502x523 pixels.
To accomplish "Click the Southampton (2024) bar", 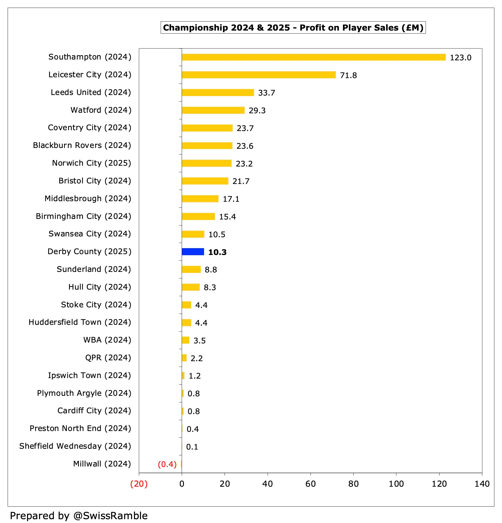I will [314, 57].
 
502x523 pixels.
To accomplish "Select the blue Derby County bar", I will [193, 252].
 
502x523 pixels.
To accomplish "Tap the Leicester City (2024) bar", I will [259, 75].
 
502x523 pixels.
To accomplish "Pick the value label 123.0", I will [461, 58].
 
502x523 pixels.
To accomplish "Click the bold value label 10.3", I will [217, 252].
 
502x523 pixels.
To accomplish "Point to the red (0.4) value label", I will [167, 464].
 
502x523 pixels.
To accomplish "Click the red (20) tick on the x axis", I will [139, 484].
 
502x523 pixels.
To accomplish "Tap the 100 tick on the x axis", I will [396, 484].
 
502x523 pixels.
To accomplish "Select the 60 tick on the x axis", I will [310, 484].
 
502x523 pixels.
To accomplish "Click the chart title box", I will [293, 28].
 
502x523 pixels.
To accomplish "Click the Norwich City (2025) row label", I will [92, 163].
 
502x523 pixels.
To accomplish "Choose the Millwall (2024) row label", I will [102, 464].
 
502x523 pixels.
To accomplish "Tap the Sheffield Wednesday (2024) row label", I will [75, 446].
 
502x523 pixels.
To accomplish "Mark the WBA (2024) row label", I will [107, 340].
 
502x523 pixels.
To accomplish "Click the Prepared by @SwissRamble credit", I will [79, 516].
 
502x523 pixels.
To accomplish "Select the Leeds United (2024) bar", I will [218, 93].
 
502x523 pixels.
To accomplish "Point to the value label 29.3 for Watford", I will [257, 111].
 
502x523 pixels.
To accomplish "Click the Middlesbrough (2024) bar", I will [200, 199].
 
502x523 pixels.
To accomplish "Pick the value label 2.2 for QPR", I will [196, 358].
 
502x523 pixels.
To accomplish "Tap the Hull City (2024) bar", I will [191, 287].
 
